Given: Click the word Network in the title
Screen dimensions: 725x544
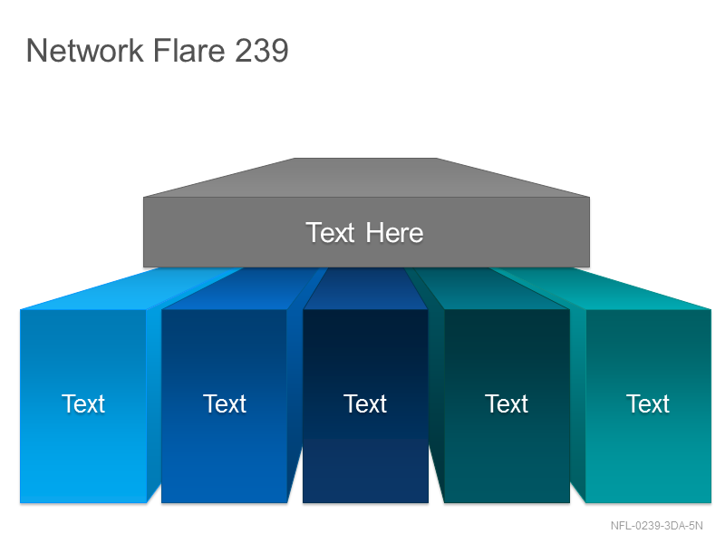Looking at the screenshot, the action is [x=85, y=50].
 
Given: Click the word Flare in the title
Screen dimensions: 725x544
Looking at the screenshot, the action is [x=188, y=50].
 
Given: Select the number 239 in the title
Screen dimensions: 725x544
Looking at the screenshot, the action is [x=262, y=50].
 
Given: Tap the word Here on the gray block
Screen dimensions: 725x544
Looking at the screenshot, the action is [x=394, y=232].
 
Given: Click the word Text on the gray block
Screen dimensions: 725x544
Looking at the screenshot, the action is [x=330, y=232].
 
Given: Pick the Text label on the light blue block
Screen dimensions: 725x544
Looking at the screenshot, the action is [x=83, y=403].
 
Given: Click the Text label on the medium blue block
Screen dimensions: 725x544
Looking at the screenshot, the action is [x=225, y=403].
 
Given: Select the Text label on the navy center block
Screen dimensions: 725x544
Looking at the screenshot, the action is [x=365, y=403].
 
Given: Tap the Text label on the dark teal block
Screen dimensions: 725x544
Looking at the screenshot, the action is [x=507, y=403].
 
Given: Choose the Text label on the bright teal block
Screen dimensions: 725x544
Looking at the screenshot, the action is [x=648, y=403].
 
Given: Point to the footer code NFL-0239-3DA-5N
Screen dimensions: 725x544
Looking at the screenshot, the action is [x=656, y=526].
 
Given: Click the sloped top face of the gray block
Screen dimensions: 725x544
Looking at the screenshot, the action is [x=366, y=178].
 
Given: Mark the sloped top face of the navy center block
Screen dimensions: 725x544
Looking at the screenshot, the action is [x=365, y=288].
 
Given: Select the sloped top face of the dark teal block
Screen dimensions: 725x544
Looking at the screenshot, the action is [x=491, y=289].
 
